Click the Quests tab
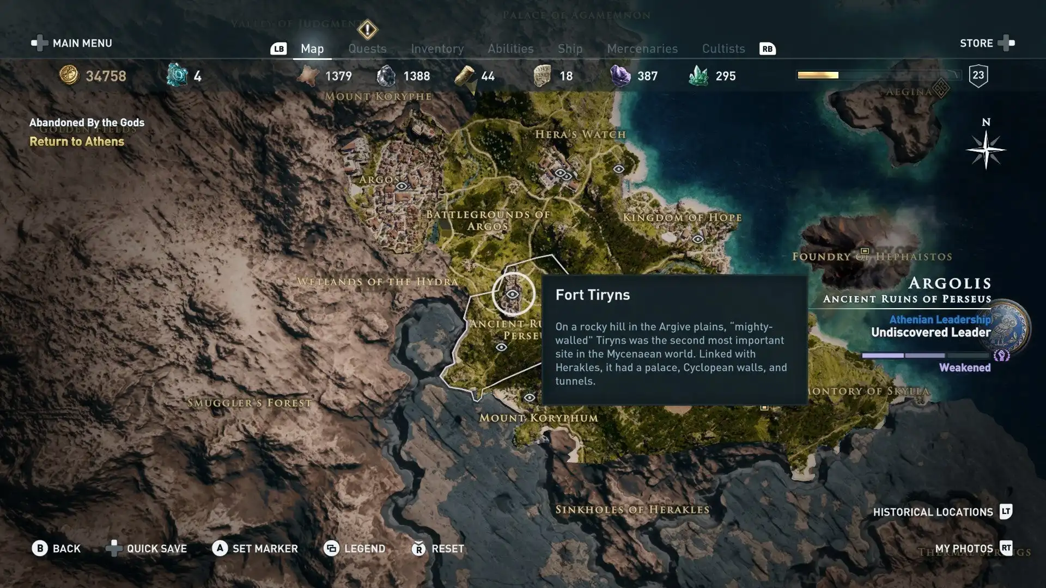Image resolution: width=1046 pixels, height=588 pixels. click(x=367, y=48)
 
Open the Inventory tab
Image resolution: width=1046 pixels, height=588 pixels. click(x=437, y=48)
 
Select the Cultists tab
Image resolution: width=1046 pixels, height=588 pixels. click(x=723, y=48)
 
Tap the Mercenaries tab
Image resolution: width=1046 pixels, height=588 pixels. click(x=642, y=48)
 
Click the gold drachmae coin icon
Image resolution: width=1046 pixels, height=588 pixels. click(x=69, y=75)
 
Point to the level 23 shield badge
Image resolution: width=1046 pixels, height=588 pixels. click(x=978, y=76)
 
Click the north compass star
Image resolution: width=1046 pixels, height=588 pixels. click(x=986, y=150)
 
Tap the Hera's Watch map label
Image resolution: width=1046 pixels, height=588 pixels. click(x=580, y=134)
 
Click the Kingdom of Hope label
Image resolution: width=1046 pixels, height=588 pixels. click(x=682, y=217)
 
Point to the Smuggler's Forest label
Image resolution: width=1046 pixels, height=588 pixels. click(x=250, y=403)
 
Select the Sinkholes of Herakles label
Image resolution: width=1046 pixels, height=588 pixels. click(x=632, y=510)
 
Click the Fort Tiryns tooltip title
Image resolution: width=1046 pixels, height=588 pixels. click(x=592, y=295)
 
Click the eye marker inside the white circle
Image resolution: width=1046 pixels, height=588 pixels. click(x=513, y=294)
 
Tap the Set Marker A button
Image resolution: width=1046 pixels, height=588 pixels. click(x=220, y=548)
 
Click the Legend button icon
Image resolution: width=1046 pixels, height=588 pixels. click(x=331, y=548)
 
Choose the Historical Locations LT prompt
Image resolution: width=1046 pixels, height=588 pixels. click(x=1005, y=512)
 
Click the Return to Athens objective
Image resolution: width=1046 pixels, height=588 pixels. click(x=77, y=142)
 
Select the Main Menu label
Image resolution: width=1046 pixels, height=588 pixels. click(x=82, y=43)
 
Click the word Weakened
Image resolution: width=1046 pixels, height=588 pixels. click(x=964, y=367)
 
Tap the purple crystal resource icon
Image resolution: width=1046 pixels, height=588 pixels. click(x=619, y=76)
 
